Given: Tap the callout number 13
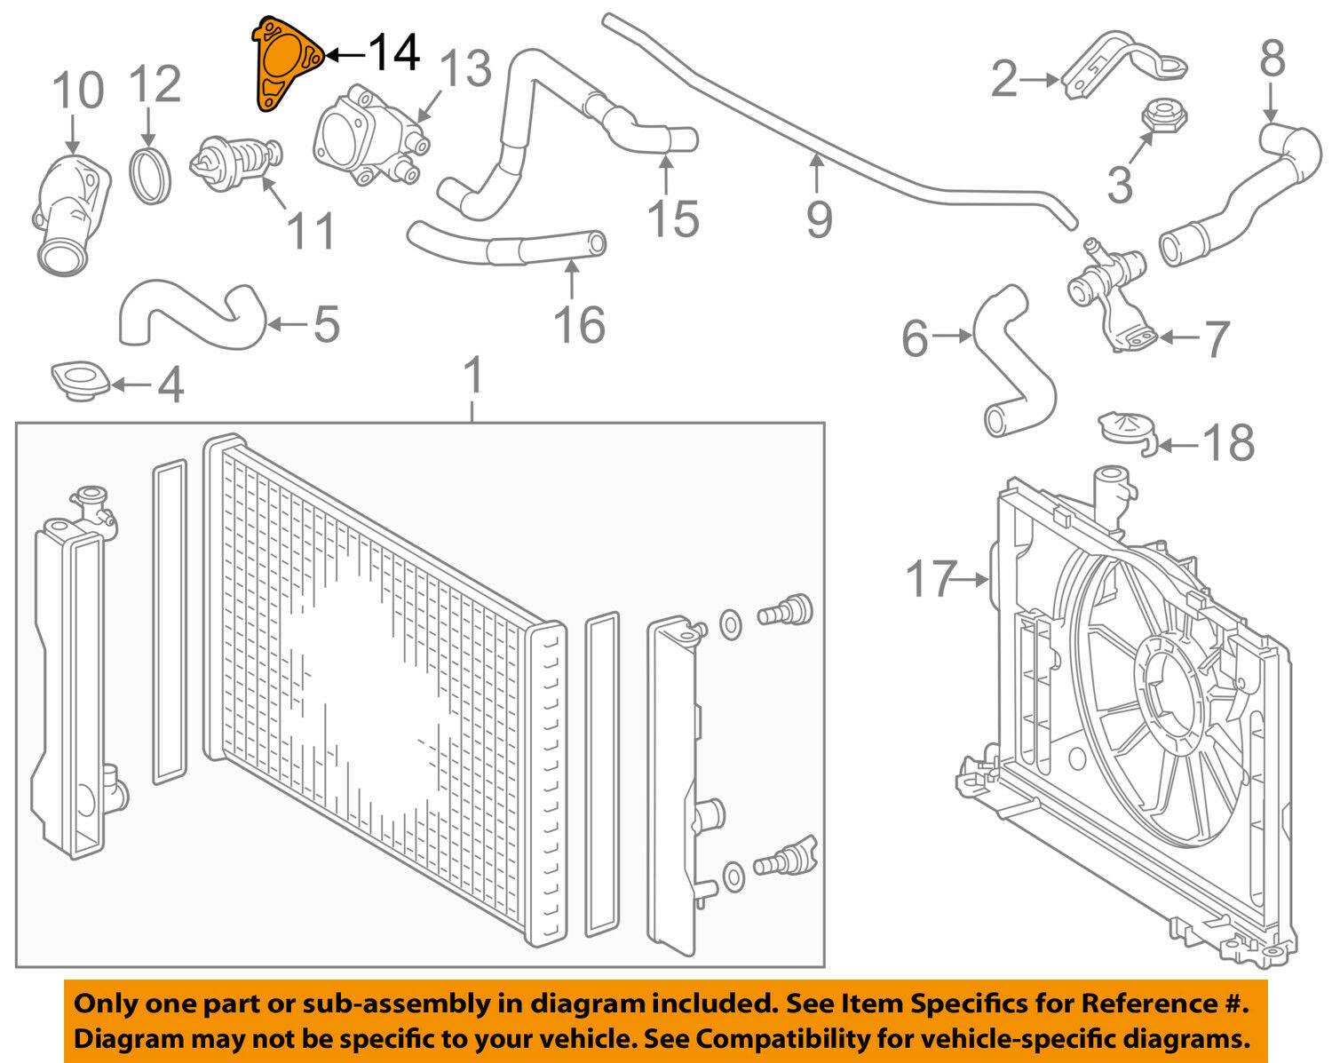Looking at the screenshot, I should (x=464, y=68).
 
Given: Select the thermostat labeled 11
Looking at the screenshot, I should (x=232, y=158).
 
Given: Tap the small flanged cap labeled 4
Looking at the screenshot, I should (x=80, y=380).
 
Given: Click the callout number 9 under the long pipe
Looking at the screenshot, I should (x=819, y=218).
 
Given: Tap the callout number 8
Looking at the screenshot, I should (x=1273, y=59).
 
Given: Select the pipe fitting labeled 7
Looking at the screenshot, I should (x=1110, y=289).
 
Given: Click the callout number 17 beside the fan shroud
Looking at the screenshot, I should (x=932, y=579).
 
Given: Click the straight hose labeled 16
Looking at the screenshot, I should (x=506, y=244).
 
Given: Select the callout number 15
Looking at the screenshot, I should (x=672, y=218).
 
